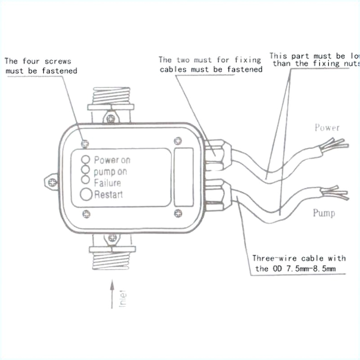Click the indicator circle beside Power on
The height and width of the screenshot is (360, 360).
tap(85, 159)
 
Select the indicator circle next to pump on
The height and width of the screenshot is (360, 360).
tap(85, 170)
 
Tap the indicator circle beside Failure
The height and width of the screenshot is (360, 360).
tap(85, 180)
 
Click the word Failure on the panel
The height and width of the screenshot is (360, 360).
tap(108, 183)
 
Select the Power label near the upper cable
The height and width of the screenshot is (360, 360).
tap(327, 128)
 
